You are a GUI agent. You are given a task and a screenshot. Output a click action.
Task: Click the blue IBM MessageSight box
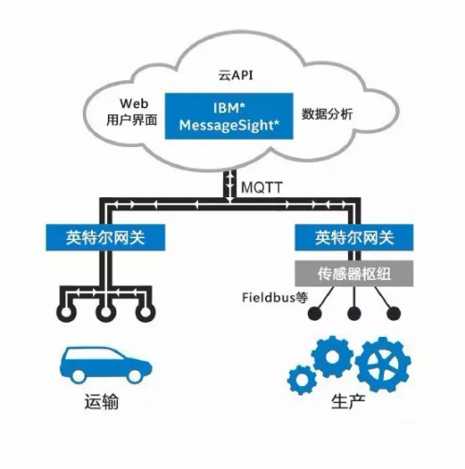point(229,116)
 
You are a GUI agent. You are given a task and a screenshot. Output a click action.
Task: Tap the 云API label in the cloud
point(235,75)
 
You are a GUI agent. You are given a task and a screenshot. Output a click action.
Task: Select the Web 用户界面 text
point(132,112)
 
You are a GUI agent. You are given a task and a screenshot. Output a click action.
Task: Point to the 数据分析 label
point(327,114)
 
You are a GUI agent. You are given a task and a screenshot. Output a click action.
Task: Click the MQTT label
point(262,187)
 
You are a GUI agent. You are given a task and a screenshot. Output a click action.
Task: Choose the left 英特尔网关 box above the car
point(105,237)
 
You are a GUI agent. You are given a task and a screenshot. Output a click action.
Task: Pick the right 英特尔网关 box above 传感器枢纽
point(353,237)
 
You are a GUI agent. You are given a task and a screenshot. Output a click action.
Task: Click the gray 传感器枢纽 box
point(353,274)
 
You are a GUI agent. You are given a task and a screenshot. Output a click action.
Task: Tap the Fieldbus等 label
point(275,298)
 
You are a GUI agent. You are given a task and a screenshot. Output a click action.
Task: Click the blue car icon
point(106,364)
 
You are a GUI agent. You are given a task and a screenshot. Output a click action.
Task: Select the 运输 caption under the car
point(101,402)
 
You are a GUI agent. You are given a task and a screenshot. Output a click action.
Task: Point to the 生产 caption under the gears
point(348,402)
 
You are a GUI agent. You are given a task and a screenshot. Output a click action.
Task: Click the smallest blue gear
point(301,380)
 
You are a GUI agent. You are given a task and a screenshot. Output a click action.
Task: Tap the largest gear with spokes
point(383,364)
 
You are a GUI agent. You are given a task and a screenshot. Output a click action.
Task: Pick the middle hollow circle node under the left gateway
point(106,312)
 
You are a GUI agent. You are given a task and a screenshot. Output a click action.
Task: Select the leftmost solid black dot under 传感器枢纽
point(315,314)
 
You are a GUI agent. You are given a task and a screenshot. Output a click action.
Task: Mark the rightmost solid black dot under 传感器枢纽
point(393,314)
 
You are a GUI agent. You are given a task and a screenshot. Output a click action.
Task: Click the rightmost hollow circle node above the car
point(145,312)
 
